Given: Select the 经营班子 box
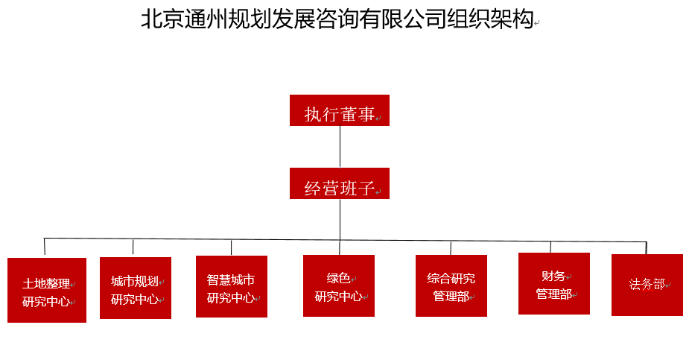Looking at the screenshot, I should click(340, 183).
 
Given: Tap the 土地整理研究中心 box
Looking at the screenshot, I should click(47, 290).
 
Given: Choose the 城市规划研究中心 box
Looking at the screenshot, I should click(136, 288).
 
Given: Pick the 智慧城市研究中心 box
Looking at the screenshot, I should click(232, 287).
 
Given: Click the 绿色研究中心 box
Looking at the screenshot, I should click(339, 285).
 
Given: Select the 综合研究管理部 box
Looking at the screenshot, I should click(451, 285).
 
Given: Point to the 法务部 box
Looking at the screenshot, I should click(647, 285).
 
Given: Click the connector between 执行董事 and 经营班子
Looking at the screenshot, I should click(340, 147).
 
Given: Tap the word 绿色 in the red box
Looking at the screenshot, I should click(338, 278).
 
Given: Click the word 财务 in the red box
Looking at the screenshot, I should click(553, 276).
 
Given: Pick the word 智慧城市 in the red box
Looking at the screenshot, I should click(231, 280).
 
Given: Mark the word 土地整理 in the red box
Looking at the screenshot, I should click(46, 283).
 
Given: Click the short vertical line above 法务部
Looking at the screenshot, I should click(647, 248).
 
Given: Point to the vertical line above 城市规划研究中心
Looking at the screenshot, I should click(133, 247).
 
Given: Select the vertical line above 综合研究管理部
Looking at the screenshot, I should click(451, 248).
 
